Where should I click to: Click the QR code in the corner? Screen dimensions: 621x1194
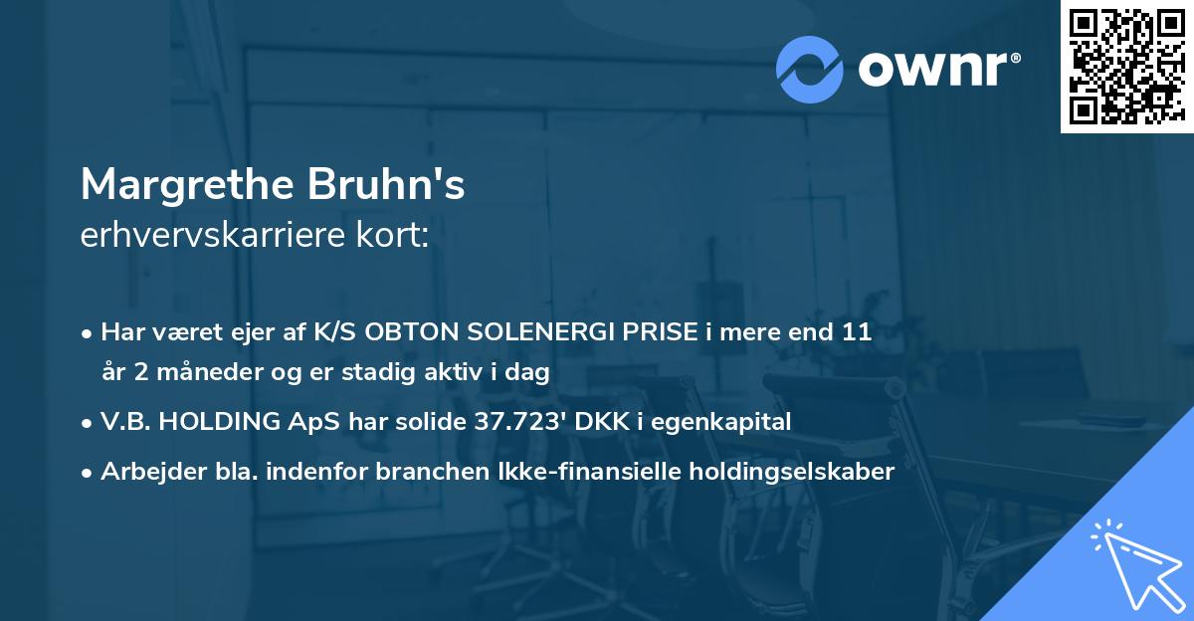1126,66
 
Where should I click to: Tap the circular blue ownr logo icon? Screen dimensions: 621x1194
811,69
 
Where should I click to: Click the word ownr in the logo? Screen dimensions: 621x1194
935,69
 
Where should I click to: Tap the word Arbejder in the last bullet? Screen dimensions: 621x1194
144,472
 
